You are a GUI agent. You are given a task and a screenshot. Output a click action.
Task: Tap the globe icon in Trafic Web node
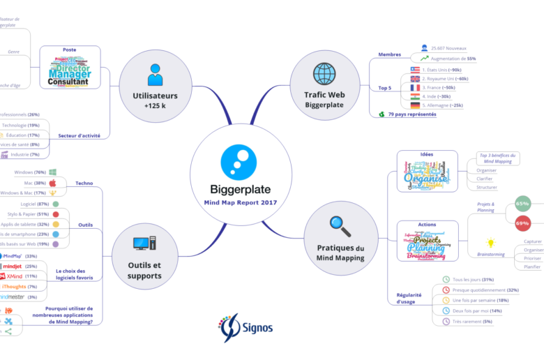pos(324,73)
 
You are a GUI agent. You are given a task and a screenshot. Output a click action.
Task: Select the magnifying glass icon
pos(340,225)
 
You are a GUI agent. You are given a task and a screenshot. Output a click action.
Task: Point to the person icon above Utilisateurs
pos(155,74)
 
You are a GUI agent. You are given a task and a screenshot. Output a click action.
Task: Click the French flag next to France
pos(416,87)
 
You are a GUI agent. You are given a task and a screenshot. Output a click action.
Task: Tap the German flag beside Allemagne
pos(416,105)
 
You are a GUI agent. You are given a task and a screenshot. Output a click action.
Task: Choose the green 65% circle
pos(522,204)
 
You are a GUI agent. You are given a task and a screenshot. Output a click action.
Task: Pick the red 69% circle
pos(522,223)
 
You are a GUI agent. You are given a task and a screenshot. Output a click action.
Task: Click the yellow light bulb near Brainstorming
pos(491,243)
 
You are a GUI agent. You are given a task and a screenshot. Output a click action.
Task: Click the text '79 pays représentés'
pos(412,114)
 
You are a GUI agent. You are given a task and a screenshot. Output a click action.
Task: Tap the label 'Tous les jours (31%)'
pos(473,280)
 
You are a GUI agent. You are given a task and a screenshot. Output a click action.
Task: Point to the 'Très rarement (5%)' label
pos(472,321)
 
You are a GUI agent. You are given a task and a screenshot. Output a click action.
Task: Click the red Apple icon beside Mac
pos(52,182)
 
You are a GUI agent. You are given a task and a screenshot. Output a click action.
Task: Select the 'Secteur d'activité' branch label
pos(79,135)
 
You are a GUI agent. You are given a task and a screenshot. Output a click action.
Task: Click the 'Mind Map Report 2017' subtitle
pos(241,202)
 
